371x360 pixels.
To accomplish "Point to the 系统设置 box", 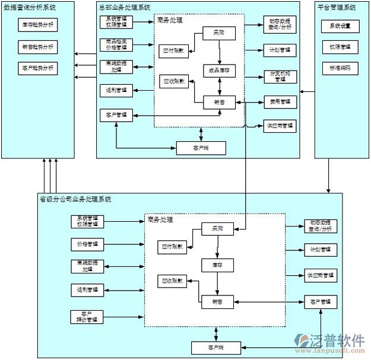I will pos(337,26).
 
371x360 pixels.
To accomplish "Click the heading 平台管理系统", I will pos(337,8).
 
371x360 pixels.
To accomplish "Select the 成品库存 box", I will pos(220,71).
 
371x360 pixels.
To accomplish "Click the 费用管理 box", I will pos(280,102).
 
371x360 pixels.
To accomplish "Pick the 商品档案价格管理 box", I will pos(116,44).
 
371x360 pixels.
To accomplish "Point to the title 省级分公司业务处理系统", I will pos(75,199).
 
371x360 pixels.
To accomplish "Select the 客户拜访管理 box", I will pos(87,317).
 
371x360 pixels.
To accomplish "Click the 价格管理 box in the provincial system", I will pos(87,243).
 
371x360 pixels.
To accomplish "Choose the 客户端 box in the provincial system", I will pos(207,346).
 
